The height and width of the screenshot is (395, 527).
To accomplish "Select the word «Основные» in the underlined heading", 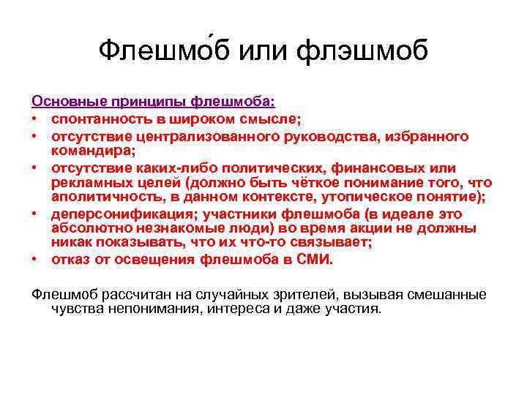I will pyautogui.click(x=66, y=99).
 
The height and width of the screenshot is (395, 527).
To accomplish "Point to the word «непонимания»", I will pyautogui.click(x=146, y=308).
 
